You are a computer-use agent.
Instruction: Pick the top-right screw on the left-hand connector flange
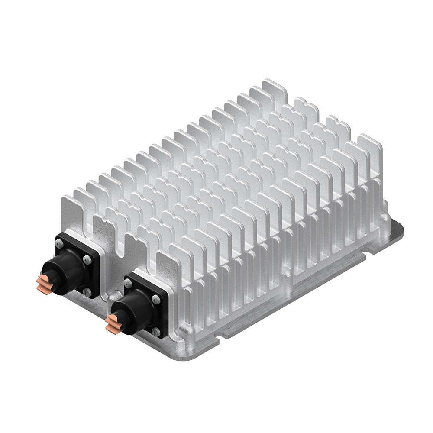(88, 260)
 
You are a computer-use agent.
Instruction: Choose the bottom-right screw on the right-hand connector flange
(157, 332)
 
